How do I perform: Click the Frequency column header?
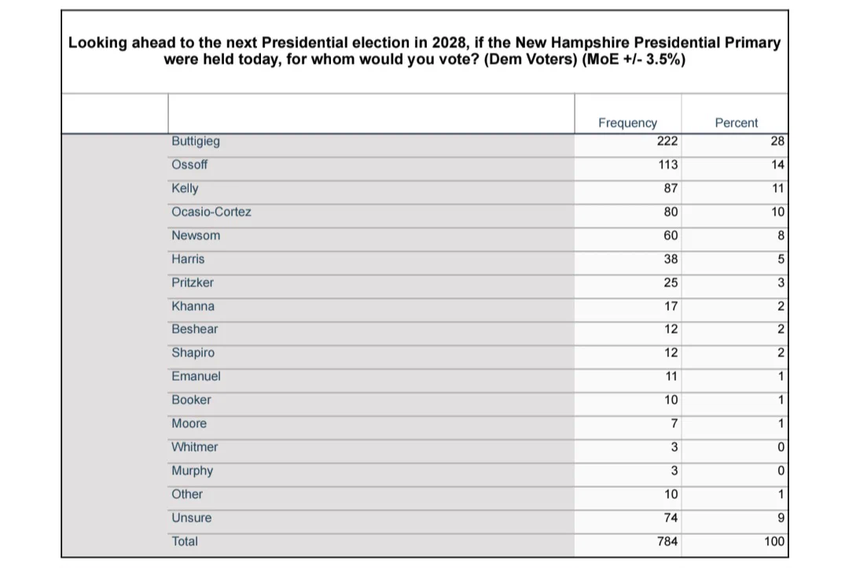pos(627,123)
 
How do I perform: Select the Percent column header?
pos(737,123)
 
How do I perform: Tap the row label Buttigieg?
pos(196,142)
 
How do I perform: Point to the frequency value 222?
pos(667,141)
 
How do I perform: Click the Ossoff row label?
pos(189,164)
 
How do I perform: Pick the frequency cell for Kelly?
pos(671,188)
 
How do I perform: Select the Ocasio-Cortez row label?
pos(211,212)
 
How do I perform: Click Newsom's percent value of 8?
pos(781,235)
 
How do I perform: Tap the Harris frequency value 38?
pos(671,259)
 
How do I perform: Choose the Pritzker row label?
pos(193,282)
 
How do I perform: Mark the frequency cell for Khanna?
pos(671,306)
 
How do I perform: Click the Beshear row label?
pos(194,329)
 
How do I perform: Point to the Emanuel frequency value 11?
pos(671,376)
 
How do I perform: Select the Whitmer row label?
pos(194,447)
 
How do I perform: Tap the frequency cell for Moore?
pos(674,423)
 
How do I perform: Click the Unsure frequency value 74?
pos(671,518)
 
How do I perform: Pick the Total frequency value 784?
pos(667,541)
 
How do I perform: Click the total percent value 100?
pos(775,541)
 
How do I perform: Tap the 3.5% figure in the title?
pos(666,59)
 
